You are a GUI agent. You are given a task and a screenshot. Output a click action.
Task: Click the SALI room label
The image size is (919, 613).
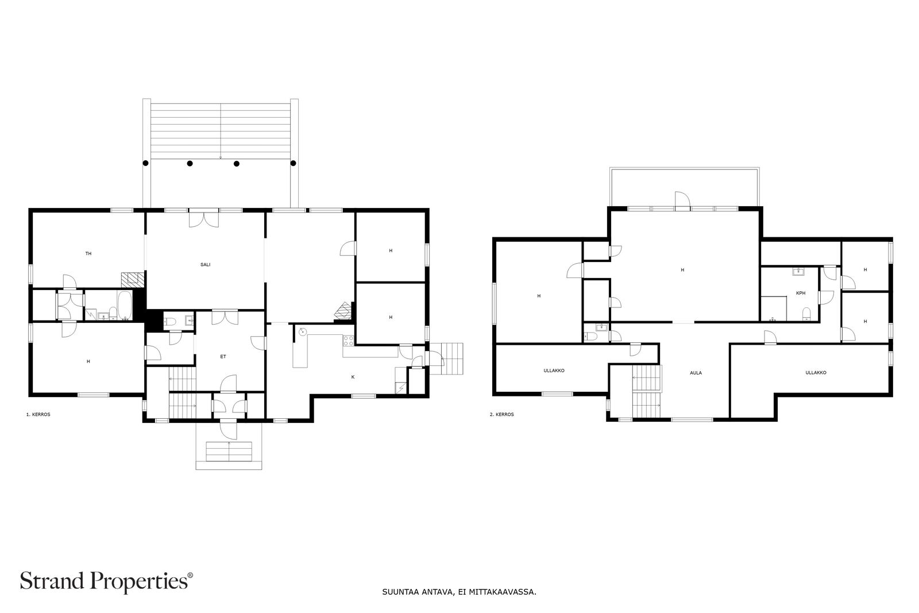coord(205,265)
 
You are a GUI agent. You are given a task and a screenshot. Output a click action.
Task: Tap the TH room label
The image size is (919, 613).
coord(88,253)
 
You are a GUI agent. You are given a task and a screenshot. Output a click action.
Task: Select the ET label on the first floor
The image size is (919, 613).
coord(223,357)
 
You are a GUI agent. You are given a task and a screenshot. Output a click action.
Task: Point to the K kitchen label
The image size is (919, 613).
coord(353,377)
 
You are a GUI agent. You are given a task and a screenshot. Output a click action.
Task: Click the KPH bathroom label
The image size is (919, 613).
coord(801,294)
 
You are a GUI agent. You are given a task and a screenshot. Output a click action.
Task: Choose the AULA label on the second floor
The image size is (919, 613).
coord(696,373)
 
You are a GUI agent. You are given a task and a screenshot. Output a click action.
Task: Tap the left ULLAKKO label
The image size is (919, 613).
coord(554,371)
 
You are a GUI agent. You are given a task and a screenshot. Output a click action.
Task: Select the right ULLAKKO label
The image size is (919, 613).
coord(816,372)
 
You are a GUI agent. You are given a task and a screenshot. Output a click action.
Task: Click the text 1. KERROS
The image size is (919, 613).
coord(38,414)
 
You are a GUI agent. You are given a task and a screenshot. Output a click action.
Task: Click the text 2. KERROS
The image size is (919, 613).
coord(501,414)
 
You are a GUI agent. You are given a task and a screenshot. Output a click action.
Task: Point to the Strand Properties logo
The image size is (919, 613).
coord(106,581)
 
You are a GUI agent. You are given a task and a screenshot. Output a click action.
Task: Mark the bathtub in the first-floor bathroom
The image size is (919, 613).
coord(125,306)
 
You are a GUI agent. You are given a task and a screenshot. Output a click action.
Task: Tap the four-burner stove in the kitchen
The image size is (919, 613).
coord(348,340)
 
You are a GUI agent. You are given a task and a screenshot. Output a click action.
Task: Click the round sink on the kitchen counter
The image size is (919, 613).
coord(303,331)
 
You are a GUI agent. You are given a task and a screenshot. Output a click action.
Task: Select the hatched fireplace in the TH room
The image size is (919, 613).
coord(133,279)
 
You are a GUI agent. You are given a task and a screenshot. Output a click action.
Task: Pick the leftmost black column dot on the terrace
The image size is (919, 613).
coord(145,163)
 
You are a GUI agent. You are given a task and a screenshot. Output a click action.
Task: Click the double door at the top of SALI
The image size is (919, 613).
coord(203,218)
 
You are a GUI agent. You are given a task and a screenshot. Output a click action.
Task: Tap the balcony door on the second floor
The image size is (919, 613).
coord(683,201)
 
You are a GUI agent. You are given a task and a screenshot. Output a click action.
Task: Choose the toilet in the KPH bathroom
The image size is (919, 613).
coord(806,314)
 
